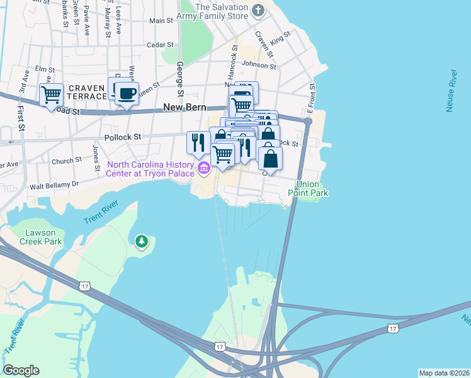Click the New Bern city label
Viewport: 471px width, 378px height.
(x=184, y=108)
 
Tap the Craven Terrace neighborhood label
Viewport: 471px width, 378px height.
(x=87, y=92)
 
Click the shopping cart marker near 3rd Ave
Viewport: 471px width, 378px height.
(x=51, y=95)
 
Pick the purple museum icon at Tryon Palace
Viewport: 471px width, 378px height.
(x=203, y=168)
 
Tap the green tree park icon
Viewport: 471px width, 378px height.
(x=142, y=241)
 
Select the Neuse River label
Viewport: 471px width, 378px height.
(x=450, y=91)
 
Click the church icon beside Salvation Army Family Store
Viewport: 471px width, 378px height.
(x=257, y=10)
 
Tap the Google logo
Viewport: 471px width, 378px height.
(x=21, y=370)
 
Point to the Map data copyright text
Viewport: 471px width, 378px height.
(x=444, y=373)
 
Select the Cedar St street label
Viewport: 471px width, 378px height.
(x=159, y=45)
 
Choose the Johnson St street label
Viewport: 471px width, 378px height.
(x=259, y=65)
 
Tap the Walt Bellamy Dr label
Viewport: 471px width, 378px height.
(x=57, y=185)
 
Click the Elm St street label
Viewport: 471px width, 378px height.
(x=45, y=69)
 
